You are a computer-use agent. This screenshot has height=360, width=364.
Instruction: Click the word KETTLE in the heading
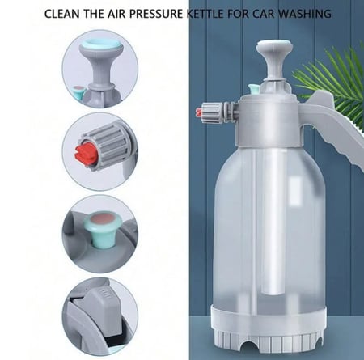click(205, 14)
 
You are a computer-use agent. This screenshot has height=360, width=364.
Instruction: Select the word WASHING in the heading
click(305, 14)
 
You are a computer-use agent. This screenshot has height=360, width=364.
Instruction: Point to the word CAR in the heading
click(264, 14)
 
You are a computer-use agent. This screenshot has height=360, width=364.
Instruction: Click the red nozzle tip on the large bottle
click(198, 112)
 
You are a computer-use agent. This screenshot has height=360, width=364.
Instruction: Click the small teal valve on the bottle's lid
click(254, 89)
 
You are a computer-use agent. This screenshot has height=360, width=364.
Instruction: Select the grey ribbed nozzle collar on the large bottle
click(213, 112)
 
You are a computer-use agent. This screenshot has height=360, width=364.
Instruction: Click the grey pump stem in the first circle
click(100, 70)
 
